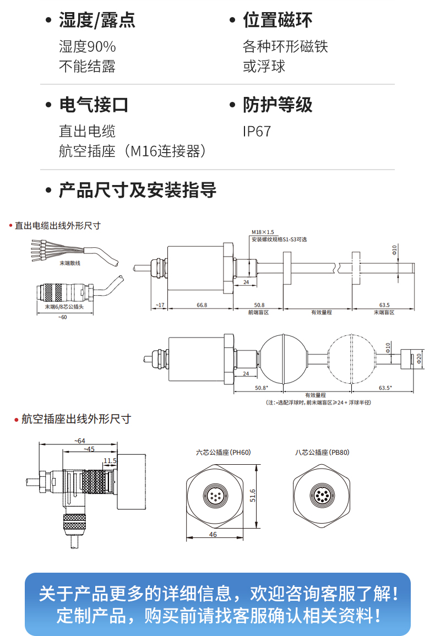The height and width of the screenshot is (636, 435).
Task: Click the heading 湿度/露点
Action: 97,20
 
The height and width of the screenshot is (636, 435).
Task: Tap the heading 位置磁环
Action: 278,20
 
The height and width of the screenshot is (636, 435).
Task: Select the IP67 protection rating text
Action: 257,132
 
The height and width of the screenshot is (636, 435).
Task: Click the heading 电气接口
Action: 94,105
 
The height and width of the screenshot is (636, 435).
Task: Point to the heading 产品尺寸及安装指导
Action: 138,191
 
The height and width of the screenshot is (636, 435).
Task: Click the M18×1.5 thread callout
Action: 263,232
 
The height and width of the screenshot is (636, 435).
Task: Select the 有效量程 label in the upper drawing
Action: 322,312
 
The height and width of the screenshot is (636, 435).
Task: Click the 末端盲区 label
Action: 384,312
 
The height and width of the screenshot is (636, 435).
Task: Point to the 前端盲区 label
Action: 258,312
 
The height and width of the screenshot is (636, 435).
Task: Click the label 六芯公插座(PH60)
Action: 224,453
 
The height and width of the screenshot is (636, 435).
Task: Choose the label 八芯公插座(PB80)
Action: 322,453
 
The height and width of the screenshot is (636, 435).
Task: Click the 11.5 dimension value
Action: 110,461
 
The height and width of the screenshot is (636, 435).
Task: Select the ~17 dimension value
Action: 159,305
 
